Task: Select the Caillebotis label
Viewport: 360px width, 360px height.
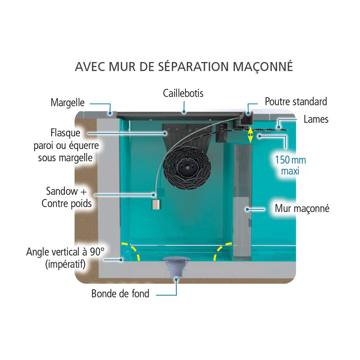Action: [x=183, y=93]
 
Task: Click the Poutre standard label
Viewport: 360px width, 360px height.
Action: [x=296, y=101]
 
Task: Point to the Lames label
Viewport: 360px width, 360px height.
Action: [x=316, y=119]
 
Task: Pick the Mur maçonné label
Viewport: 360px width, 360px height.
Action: [x=302, y=209]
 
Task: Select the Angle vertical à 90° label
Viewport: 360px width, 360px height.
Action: [x=65, y=257]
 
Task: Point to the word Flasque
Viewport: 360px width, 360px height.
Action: [x=66, y=133]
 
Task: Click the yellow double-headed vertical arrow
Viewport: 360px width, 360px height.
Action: [x=251, y=134]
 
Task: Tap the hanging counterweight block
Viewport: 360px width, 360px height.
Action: [x=156, y=203]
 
